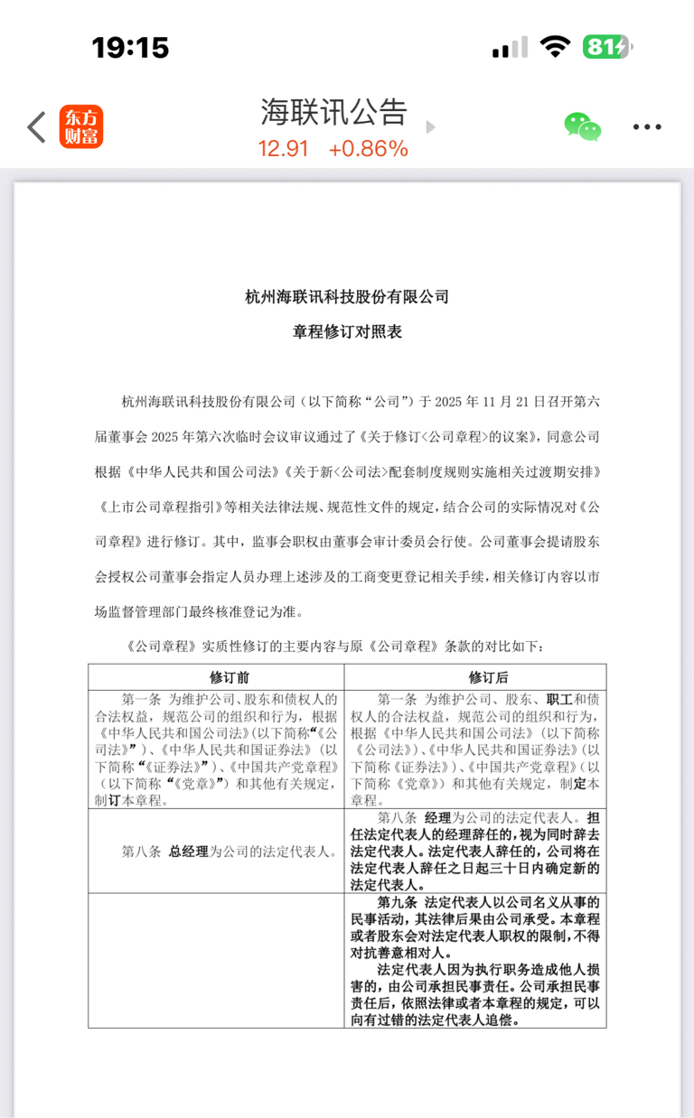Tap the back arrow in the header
click(36, 127)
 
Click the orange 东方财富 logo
click(81, 127)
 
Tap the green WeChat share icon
click(583, 127)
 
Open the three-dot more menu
click(647, 127)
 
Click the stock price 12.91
click(284, 149)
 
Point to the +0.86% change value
click(369, 149)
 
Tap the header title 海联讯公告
click(333, 113)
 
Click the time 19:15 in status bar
click(130, 47)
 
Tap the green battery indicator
click(606, 47)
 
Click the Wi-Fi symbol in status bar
click(554, 47)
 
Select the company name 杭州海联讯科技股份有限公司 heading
click(347, 297)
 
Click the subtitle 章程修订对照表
click(347, 331)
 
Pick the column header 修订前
click(217, 676)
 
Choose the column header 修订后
click(475, 676)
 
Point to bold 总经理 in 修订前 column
click(188, 851)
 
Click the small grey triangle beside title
click(430, 127)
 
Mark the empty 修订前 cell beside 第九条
click(217, 960)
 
